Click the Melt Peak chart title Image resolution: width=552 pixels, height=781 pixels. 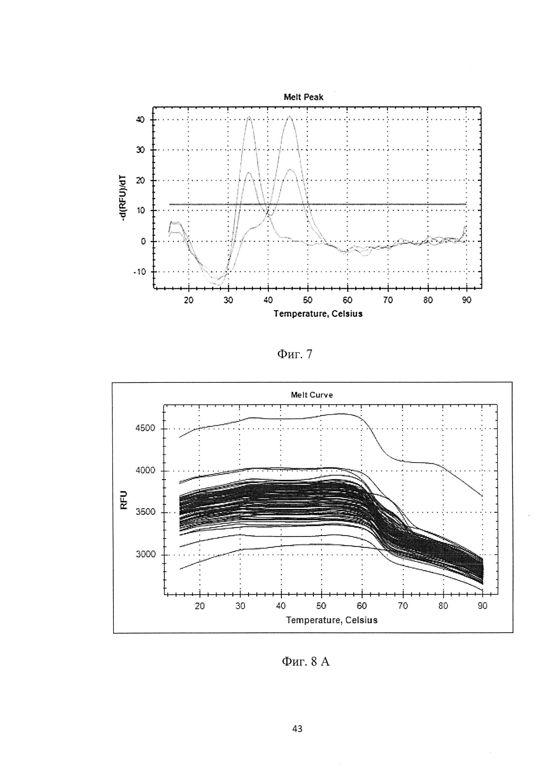pyautogui.click(x=304, y=97)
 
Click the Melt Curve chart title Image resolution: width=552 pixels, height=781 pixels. pyautogui.click(x=312, y=395)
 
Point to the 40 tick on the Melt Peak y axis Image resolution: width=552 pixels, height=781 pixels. pyautogui.click(x=140, y=120)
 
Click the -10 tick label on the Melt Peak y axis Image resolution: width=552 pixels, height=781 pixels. pyautogui.click(x=139, y=272)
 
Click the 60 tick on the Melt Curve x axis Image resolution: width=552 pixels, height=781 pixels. pyautogui.click(x=362, y=606)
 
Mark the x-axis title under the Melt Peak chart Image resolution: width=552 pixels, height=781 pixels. pyautogui.click(x=318, y=314)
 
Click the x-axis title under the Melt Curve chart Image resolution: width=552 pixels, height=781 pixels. pyautogui.click(x=332, y=620)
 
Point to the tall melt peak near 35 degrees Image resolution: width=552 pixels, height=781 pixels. pyautogui.click(x=249, y=117)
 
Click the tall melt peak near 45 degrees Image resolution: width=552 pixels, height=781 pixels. pyautogui.click(x=289, y=117)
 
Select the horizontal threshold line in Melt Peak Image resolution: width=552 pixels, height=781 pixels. pyautogui.click(x=374, y=204)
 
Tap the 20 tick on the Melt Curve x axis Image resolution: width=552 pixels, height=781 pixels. pyautogui.click(x=200, y=606)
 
